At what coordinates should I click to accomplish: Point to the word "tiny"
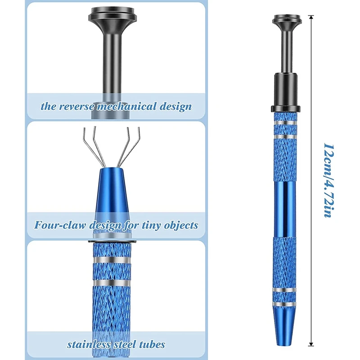(154, 225)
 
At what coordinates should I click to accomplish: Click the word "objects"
(182, 225)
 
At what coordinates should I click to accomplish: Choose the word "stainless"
(87, 345)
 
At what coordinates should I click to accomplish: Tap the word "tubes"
(152, 345)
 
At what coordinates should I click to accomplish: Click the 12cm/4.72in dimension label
(328, 180)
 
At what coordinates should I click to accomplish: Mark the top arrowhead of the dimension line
(310, 17)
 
